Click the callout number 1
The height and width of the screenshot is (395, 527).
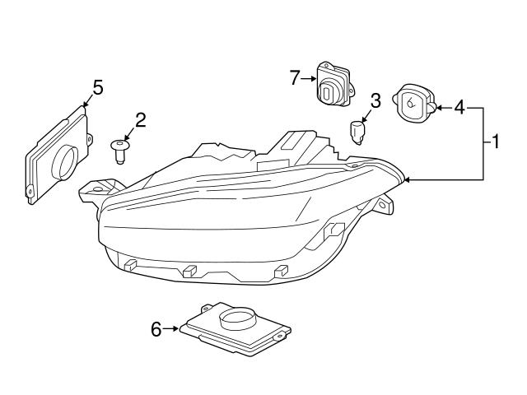[x=496, y=142]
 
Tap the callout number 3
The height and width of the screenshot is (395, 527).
[x=375, y=101]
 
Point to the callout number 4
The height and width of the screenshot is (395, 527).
[x=459, y=107]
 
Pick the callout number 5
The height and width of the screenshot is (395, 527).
[x=97, y=87]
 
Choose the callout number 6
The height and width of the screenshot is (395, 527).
[x=156, y=329]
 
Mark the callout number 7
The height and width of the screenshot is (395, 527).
[x=295, y=78]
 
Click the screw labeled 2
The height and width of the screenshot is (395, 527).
[x=120, y=150]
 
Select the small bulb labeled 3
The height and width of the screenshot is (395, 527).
[x=357, y=131]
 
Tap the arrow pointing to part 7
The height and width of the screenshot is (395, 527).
[x=309, y=79]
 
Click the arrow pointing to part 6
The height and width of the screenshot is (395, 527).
[x=171, y=329]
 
